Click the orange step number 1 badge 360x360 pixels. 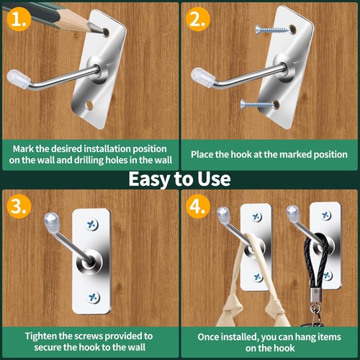click(x=19, y=19)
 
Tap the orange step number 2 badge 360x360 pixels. click(x=198, y=19)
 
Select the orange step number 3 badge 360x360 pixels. click(x=19, y=206)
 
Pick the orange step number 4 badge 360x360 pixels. click(x=198, y=206)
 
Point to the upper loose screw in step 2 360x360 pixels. click(x=272, y=30)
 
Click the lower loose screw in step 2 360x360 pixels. click(x=257, y=104)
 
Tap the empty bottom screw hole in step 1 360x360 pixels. click(x=89, y=105)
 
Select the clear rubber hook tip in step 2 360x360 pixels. click(x=203, y=76)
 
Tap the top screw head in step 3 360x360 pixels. click(x=92, y=225)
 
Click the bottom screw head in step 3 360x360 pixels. click(x=93, y=297)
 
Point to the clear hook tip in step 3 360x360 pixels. click(x=51, y=219)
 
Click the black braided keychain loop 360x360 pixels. click(x=316, y=260)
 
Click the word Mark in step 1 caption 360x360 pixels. click(x=23, y=149)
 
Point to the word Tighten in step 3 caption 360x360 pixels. click(x=40, y=336)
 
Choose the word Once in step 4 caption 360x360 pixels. click(x=208, y=337)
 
